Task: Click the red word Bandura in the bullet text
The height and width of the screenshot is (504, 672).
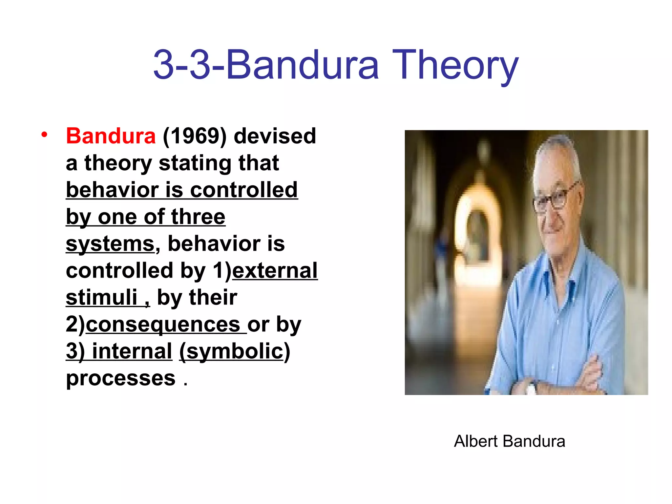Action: [111, 136]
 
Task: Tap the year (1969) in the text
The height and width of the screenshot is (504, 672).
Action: [195, 136]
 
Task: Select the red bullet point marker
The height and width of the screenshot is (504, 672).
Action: [44, 134]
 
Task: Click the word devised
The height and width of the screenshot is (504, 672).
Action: [275, 136]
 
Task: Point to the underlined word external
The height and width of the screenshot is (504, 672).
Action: [275, 270]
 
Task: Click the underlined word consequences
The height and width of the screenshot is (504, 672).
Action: [163, 324]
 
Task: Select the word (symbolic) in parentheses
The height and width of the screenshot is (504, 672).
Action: [235, 351]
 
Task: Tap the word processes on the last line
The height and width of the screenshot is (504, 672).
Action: [121, 378]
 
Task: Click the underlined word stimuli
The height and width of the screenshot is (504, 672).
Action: [101, 297]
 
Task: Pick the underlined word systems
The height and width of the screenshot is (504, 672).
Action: [110, 243]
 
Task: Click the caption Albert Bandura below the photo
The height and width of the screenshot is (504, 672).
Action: [509, 441]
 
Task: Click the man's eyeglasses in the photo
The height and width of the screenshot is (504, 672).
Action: [555, 198]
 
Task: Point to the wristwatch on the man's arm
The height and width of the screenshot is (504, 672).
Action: [531, 389]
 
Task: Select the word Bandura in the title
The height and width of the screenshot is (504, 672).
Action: [303, 64]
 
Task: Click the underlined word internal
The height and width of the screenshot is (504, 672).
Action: [132, 351]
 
